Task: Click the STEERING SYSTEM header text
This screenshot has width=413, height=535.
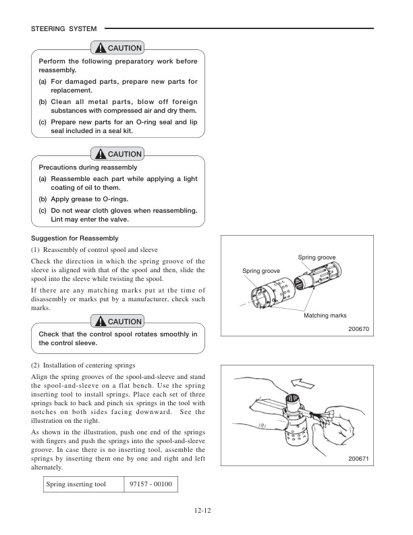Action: coord(64,28)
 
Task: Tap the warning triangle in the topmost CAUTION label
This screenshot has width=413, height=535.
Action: coord(101,48)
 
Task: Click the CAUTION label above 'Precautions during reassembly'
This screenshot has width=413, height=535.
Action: coord(119,154)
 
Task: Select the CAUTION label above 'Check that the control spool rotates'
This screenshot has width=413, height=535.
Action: coord(119,322)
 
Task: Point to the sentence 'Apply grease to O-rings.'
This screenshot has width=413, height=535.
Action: coord(90,199)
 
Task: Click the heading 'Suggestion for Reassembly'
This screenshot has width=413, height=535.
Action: coord(75,238)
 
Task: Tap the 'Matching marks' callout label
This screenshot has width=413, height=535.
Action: coord(325,315)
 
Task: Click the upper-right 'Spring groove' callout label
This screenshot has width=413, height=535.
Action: coord(316,258)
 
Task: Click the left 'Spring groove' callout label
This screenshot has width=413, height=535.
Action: coord(261,271)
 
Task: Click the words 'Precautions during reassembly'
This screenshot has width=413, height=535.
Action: coord(88,167)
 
